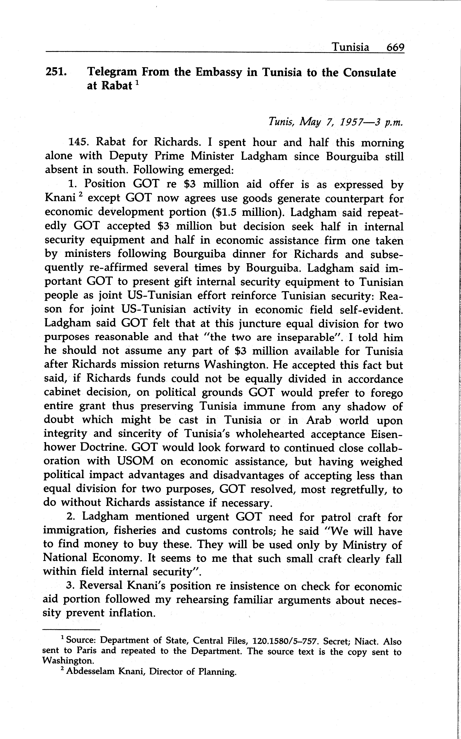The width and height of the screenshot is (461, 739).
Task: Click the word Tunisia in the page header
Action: (x=350, y=47)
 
